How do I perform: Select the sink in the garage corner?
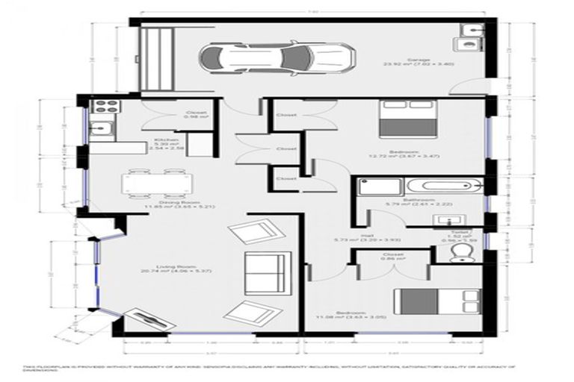click(x=472, y=30)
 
